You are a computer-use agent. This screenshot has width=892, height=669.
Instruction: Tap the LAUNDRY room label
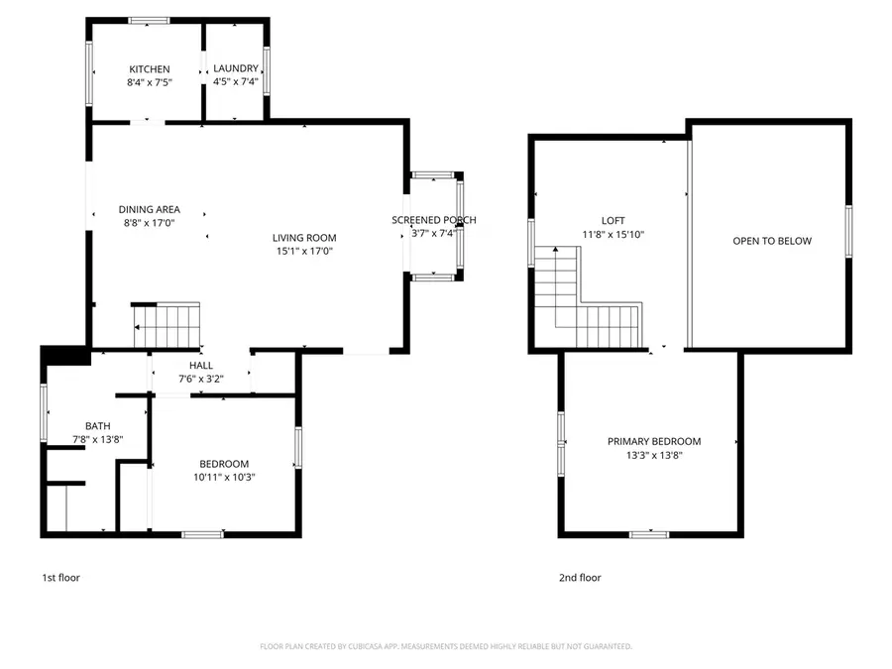[236, 69]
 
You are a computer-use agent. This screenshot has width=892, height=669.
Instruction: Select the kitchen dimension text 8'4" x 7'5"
[150, 82]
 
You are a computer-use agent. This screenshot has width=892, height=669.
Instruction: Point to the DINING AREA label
[149, 209]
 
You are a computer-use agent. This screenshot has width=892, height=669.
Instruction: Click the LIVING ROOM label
[304, 238]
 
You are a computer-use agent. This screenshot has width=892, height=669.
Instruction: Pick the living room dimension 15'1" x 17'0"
[304, 252]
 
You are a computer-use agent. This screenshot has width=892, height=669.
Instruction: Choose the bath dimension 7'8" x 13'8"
[97, 439]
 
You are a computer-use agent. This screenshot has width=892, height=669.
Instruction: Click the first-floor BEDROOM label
[224, 464]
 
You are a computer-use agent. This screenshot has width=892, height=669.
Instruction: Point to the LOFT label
[613, 221]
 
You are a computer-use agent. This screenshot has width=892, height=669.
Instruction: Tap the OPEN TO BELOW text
[771, 241]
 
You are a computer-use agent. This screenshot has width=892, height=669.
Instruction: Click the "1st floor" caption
[60, 578]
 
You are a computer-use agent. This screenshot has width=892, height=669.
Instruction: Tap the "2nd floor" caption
[581, 578]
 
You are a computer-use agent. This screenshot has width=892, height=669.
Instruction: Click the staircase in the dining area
[167, 322]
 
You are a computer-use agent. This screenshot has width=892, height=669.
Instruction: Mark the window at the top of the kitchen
[149, 20]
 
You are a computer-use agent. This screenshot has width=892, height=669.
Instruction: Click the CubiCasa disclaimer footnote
[446, 646]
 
